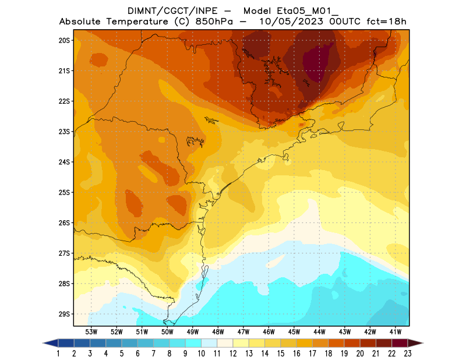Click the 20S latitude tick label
pyautogui.click(x=64, y=40)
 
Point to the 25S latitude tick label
pyautogui.click(x=64, y=192)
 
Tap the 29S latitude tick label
pyautogui.click(x=64, y=314)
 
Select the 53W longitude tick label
pyautogui.click(x=91, y=332)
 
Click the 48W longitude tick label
pyautogui.click(x=218, y=332)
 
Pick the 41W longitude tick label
pyautogui.click(x=396, y=332)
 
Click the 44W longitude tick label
pyautogui.click(x=320, y=332)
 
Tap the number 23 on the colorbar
pyautogui.click(x=407, y=353)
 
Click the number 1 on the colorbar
pyautogui.click(x=59, y=353)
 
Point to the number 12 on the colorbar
pyautogui.click(x=233, y=353)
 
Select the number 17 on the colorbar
pyautogui.click(x=312, y=353)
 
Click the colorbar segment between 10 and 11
pyautogui.click(x=209, y=343)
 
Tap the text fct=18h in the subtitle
pyautogui.click(x=386, y=22)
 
